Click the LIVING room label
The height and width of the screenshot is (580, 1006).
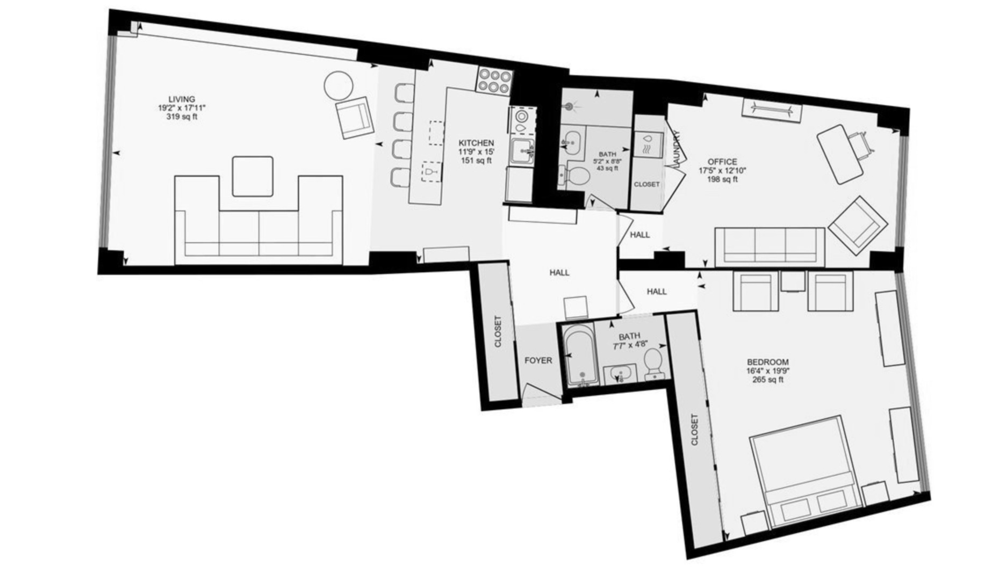[x=182, y=99]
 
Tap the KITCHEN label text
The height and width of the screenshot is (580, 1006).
[x=476, y=143]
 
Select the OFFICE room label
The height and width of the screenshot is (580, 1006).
[x=722, y=162]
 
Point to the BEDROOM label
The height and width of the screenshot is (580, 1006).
[x=767, y=362]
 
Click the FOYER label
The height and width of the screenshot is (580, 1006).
[x=538, y=360]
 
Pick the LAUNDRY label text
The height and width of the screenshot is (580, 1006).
[x=676, y=150]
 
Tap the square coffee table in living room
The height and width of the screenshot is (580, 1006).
[x=253, y=176]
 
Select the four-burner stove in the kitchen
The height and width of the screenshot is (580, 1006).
[x=493, y=81]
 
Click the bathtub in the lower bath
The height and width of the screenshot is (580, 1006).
[x=579, y=357]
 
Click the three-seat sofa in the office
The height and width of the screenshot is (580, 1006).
[x=770, y=247]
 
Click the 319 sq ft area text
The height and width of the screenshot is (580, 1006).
[x=182, y=117]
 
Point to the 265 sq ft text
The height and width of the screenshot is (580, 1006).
[x=767, y=380]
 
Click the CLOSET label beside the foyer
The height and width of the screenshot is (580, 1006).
[x=498, y=331]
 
